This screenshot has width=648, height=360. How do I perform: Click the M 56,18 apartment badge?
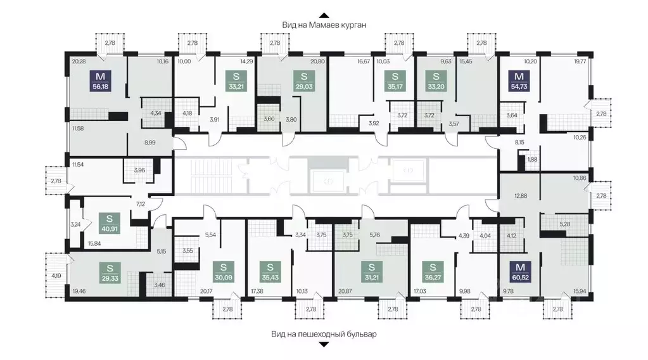coord(101,81)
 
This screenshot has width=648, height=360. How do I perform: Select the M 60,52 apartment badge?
coord(520,272)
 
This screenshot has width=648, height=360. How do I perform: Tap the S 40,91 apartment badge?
coord(110,223)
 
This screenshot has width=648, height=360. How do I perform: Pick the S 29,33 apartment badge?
coord(110,273)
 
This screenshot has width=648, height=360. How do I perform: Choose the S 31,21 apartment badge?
coord(371,272)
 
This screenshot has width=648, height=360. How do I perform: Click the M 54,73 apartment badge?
coord(519,81)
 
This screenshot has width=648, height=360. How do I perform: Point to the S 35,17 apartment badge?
coord(395,81)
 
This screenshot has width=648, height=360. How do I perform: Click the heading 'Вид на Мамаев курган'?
coord(324,25)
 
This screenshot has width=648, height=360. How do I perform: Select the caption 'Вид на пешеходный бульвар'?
coord(324,334)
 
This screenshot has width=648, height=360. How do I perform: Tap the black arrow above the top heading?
coord(324,15)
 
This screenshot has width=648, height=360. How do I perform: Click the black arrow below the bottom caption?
coord(324,344)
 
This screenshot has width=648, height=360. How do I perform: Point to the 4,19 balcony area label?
coord(56,276)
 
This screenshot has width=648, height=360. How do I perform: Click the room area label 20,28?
coord(79,61)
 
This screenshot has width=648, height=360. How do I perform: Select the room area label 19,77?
coord(579,61)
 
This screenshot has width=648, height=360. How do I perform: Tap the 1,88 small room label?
coord(533,160)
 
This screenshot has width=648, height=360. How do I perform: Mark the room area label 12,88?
coord(521,195)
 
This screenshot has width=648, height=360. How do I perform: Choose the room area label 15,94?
coord(579,292)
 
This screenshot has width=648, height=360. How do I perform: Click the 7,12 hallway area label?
coord(141,203)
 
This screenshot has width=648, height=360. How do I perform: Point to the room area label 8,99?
coord(149,143)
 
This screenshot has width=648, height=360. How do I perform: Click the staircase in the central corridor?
coord(208,176)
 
